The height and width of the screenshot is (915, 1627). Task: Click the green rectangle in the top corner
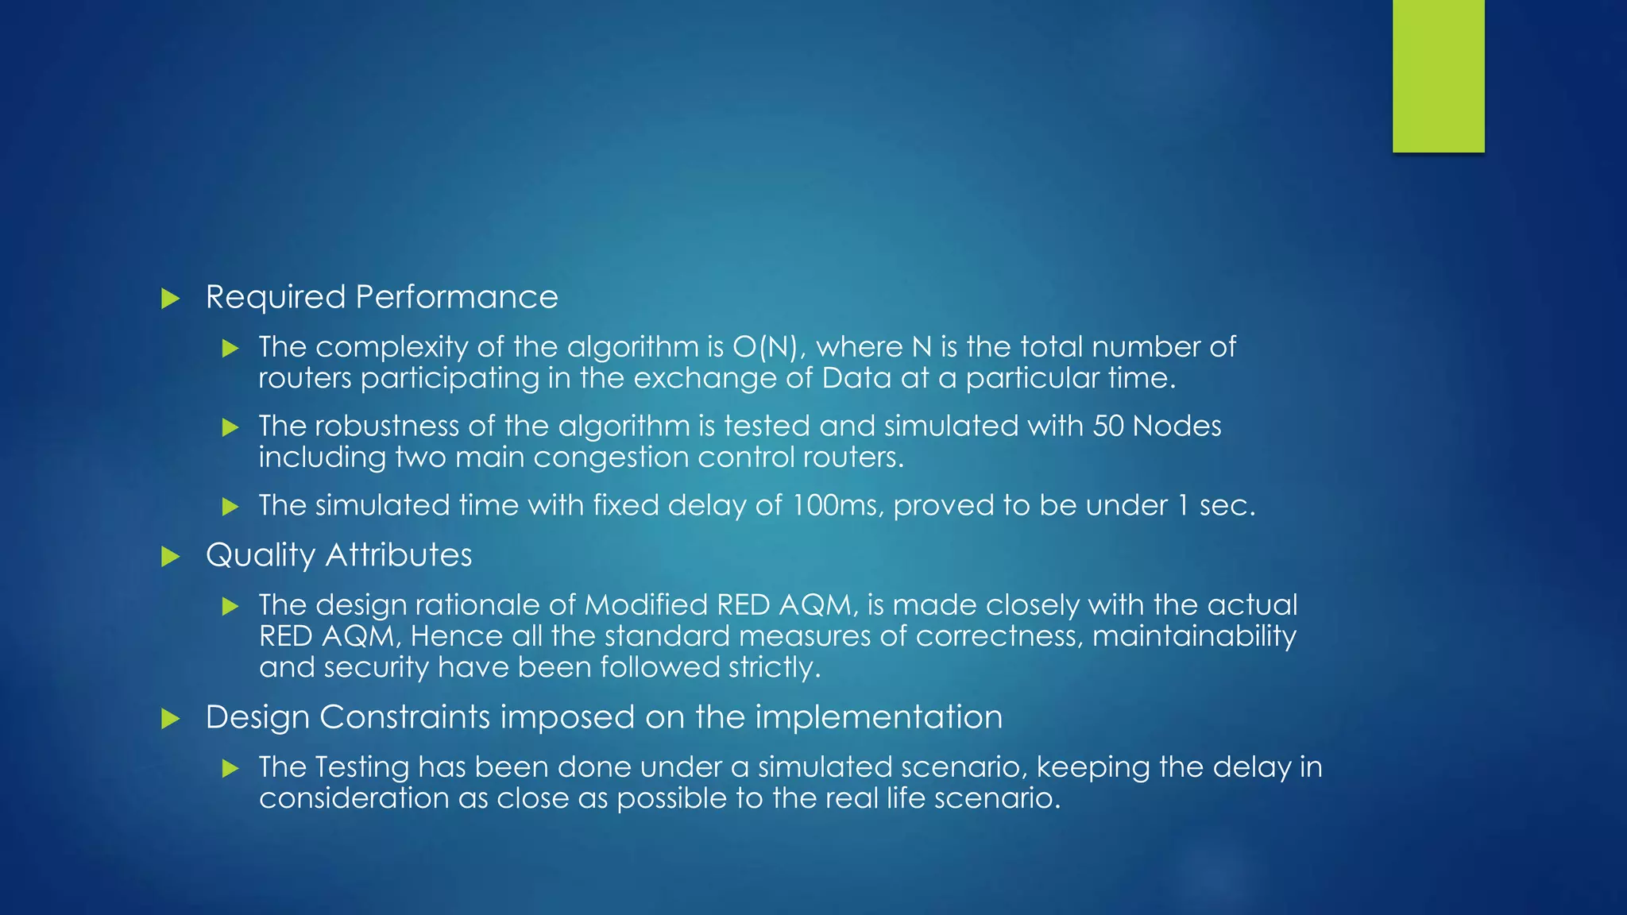pos(1438,76)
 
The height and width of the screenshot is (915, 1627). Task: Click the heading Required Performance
pos(381,297)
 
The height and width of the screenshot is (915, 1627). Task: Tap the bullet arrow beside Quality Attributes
pos(170,556)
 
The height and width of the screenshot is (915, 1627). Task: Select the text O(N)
pos(764,347)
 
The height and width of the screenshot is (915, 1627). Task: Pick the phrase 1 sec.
pos(1216,506)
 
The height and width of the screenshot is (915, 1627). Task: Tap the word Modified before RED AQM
pos(646,605)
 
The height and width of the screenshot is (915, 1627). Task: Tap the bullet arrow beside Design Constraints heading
pos(170,719)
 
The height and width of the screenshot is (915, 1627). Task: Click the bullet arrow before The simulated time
pos(230,507)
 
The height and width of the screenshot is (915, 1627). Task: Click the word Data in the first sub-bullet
pos(856,378)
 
